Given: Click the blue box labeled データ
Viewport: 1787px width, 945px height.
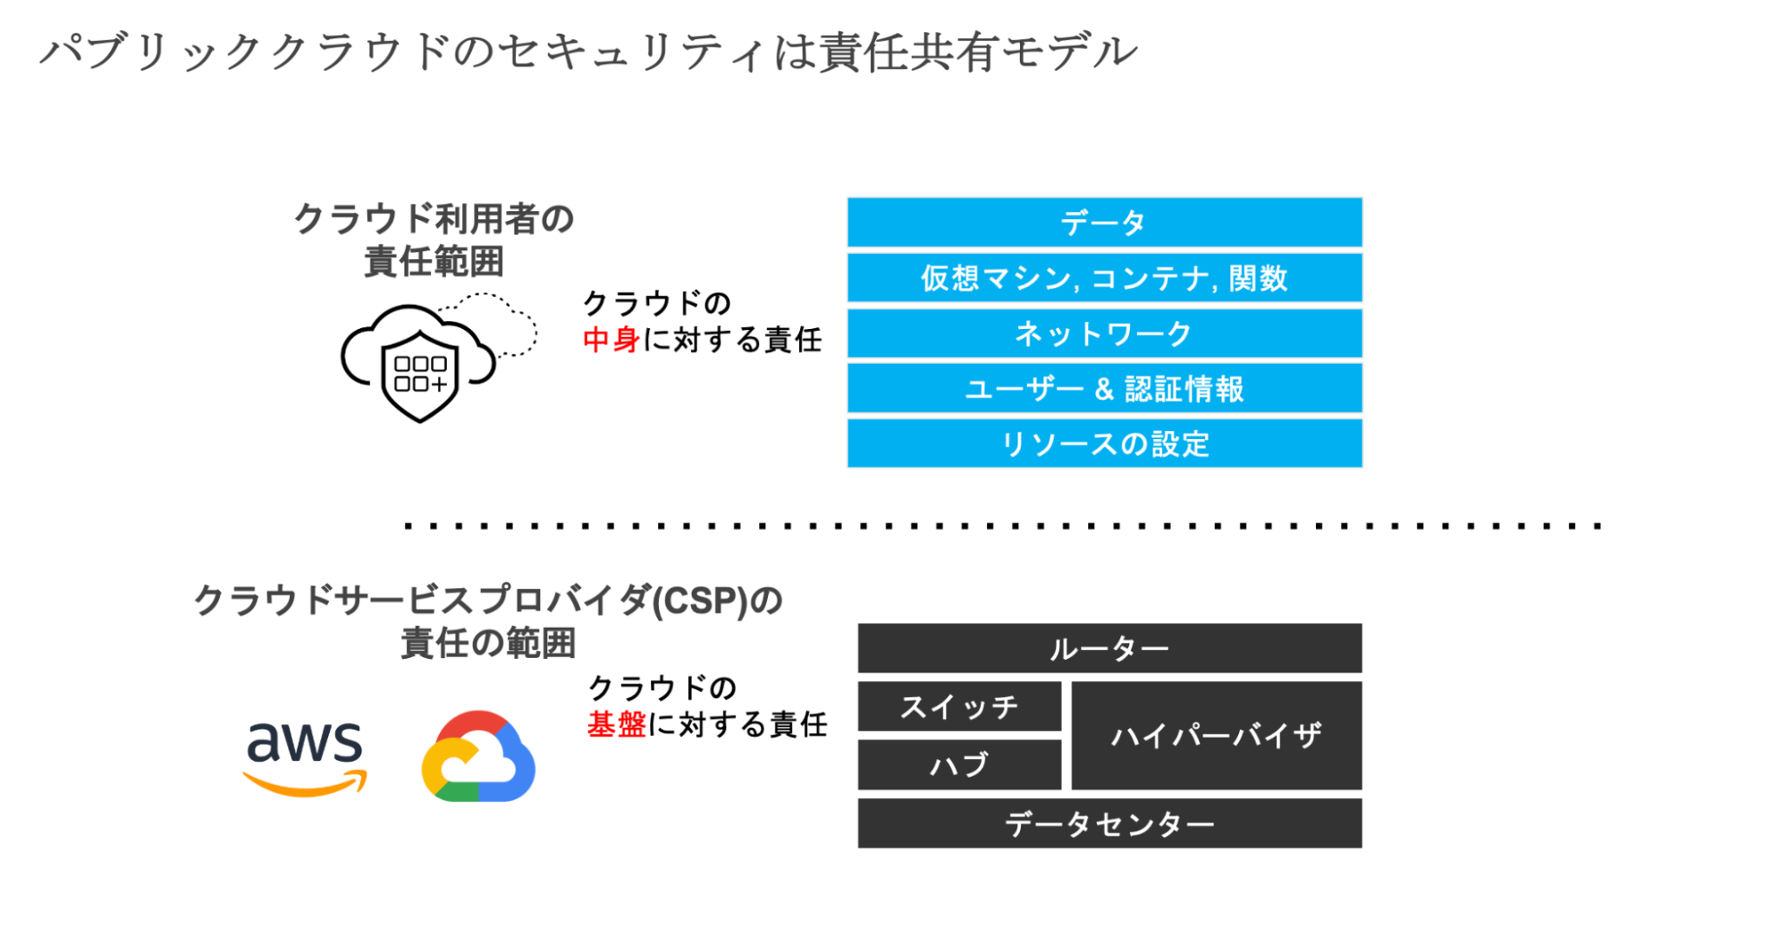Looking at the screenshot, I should coord(1104,223).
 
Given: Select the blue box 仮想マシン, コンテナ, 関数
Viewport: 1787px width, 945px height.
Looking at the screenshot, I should coord(1104,278).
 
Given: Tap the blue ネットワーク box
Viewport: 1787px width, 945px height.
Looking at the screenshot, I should coord(1104,333).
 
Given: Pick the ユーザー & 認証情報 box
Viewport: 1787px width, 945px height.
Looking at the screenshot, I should coord(1104,389).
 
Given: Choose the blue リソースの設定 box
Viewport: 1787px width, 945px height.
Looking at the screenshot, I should coord(1104,443).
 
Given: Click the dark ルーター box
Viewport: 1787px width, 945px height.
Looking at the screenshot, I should coord(1109,648).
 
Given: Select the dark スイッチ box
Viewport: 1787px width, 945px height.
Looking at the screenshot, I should coord(959,706).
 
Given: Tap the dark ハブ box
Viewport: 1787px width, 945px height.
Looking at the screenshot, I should coord(959,764).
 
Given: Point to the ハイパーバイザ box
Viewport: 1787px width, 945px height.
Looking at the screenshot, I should coord(1217,736).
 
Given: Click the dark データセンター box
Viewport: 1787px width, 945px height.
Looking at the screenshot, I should coord(1109,823).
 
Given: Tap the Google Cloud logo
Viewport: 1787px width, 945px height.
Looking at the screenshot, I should coord(478,756).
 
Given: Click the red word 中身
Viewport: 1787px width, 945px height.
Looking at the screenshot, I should coord(611,340).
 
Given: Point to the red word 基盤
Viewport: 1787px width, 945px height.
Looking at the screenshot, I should coord(617,724).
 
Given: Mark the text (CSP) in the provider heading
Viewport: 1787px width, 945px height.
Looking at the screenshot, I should coord(698,601).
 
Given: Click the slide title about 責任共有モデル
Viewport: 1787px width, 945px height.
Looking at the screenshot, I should coord(589,52).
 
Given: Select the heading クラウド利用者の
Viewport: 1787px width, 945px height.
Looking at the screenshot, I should coord(434,219).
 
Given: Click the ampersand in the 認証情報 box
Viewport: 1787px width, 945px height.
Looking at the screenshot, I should coord(1104,389).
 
